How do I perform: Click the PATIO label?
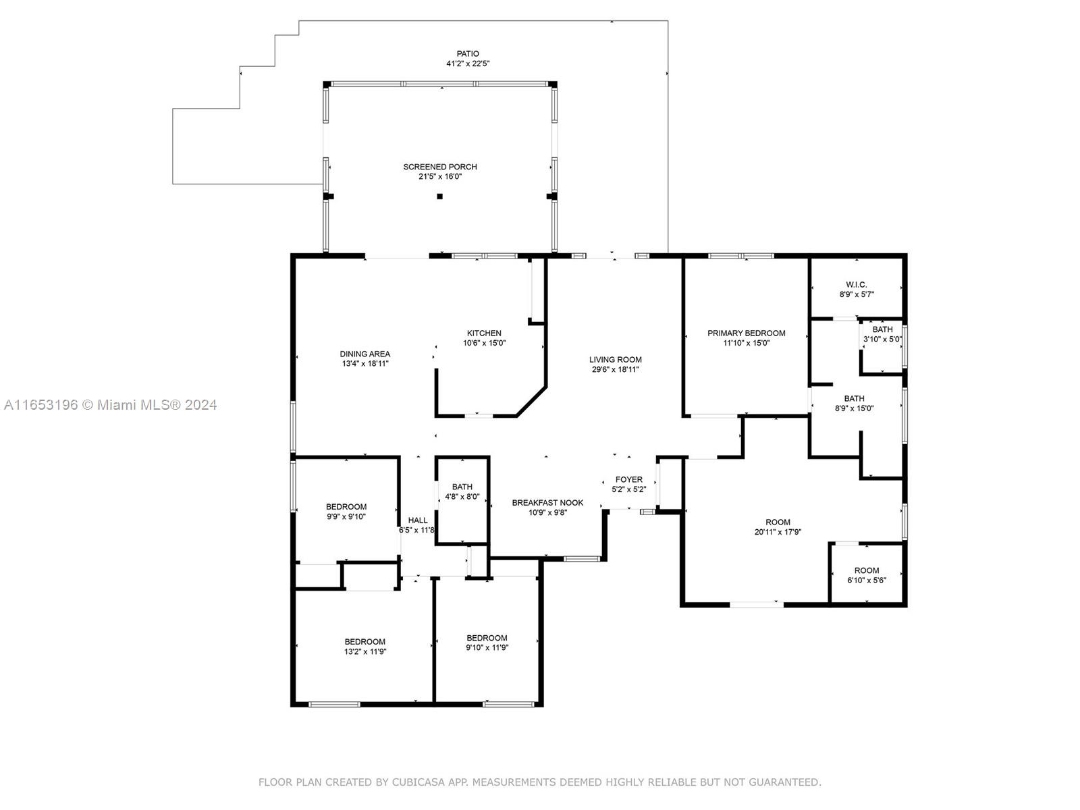(467, 53)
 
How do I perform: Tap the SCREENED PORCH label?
(440, 167)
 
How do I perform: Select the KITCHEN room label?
(484, 333)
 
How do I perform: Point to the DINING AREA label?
(364, 354)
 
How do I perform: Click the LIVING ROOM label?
(615, 360)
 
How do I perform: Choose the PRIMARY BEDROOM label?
(746, 333)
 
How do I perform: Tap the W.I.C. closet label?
(856, 285)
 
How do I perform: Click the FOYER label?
(629, 479)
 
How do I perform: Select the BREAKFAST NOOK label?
(547, 503)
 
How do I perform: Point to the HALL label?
(418, 520)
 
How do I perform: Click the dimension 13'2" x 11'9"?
(365, 651)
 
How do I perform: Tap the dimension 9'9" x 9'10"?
(346, 516)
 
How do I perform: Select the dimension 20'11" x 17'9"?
(778, 532)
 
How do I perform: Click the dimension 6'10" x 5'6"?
(867, 580)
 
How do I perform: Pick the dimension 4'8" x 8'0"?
(462, 497)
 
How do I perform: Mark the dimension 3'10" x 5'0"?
(882, 340)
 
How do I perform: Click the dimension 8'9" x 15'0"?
(854, 408)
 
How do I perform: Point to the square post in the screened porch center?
(440, 196)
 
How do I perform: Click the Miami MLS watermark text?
(110, 405)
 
